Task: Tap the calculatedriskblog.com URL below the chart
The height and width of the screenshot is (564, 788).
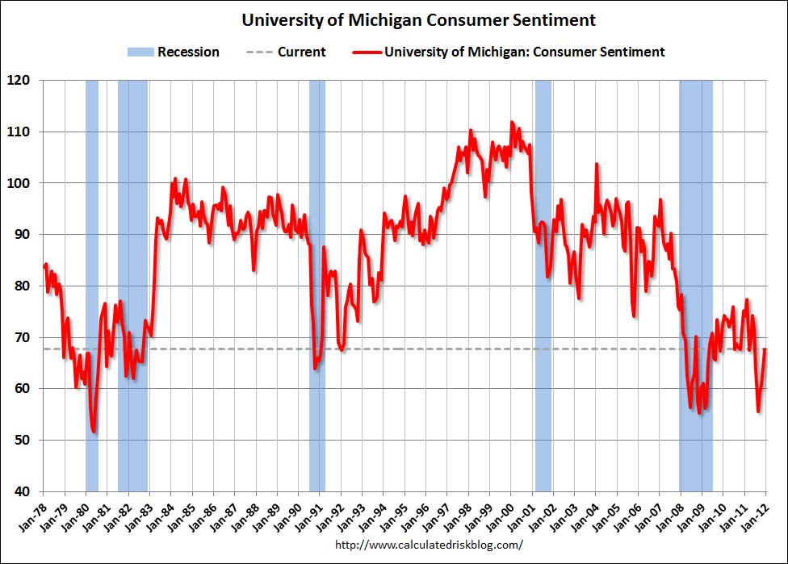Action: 428,545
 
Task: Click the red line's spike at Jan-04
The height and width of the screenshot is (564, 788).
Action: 597,165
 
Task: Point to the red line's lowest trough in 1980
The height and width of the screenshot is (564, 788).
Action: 94,432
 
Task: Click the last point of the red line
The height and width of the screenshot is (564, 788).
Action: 765,349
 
